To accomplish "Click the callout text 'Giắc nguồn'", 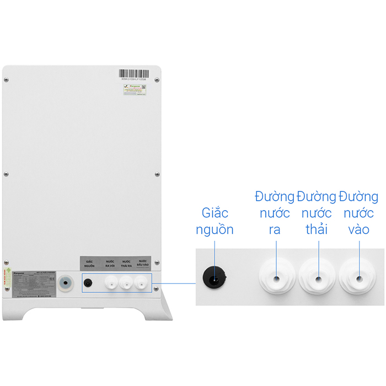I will (x=215, y=221).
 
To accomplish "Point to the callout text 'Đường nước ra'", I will (x=275, y=213).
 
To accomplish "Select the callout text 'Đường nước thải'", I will (x=317, y=213).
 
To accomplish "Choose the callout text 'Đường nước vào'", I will (x=358, y=213).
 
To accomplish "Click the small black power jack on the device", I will (x=88, y=283).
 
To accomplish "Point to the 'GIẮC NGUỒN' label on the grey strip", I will (x=88, y=264).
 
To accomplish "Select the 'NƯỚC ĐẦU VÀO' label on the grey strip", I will (x=143, y=263).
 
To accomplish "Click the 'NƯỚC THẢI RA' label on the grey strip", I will (x=126, y=264).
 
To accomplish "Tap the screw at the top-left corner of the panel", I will (x=6, y=81).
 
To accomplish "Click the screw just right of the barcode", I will (x=157, y=81).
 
